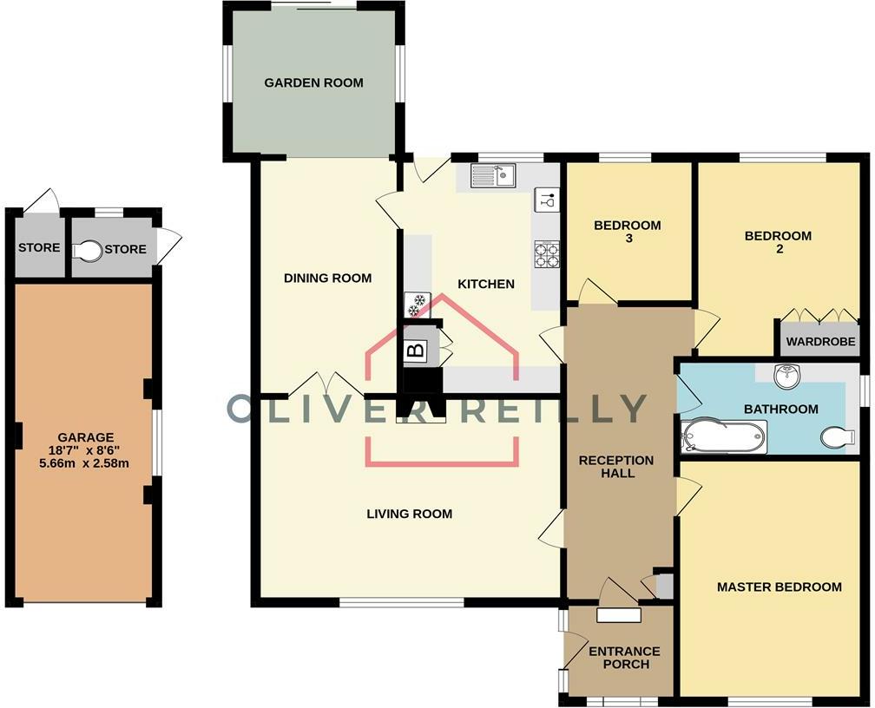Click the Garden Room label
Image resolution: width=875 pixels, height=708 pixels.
click(x=313, y=83)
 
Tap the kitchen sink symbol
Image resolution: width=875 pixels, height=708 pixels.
click(x=492, y=177)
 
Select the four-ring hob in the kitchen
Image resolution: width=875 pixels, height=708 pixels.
click(x=547, y=253)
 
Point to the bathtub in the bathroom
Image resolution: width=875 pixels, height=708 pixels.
click(x=724, y=436)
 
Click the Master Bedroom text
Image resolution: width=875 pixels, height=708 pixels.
click(x=779, y=587)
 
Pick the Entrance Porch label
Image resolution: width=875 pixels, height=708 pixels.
click(x=624, y=658)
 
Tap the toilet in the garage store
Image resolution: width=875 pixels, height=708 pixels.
click(x=87, y=251)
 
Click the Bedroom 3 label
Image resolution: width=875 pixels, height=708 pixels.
click(x=627, y=232)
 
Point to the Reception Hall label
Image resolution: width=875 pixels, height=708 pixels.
click(x=616, y=466)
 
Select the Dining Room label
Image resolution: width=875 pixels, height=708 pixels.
click(x=327, y=279)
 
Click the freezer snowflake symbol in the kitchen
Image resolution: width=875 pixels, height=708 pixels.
click(x=418, y=304)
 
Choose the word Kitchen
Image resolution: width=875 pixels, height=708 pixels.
click(x=486, y=284)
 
